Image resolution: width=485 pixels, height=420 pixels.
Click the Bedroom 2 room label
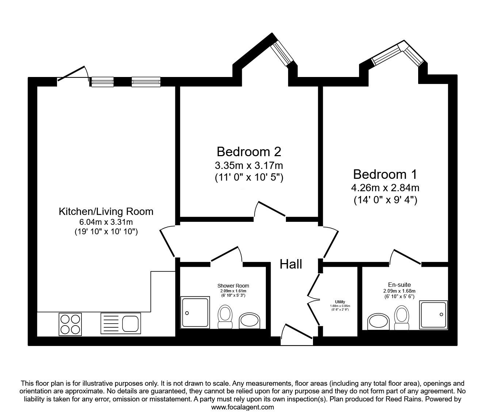pos(249,151)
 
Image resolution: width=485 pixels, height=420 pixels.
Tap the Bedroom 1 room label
pos(385,174)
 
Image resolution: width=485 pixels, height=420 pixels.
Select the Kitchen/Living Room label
pos(106,211)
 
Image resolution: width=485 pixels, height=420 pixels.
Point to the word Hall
pos(291,264)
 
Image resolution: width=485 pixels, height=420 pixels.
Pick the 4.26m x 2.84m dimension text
pos(385,188)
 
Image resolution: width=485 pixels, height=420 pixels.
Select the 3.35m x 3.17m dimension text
pos(249,165)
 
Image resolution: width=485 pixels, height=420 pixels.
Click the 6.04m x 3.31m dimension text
pos(106,222)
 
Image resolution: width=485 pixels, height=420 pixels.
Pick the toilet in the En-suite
pos(401,316)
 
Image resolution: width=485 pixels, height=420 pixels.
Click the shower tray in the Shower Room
pos(195,312)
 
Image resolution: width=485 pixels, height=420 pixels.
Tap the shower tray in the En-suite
pos(433,314)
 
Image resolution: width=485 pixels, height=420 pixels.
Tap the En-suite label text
pos(397,285)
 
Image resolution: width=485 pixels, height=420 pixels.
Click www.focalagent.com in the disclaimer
pos(242,407)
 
